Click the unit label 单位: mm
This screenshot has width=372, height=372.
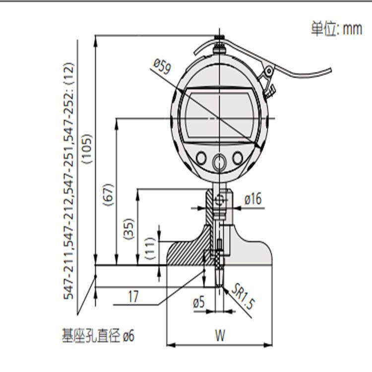pos(336,29)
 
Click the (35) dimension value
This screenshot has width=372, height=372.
pos(129,229)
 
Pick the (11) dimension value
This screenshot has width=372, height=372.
pos(150,248)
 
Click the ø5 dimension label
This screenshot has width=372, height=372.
pos(198,303)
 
